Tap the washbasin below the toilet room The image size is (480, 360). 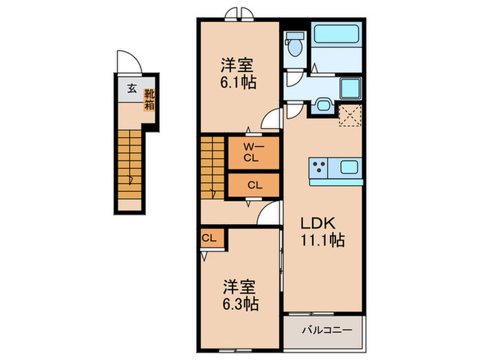point(324,106)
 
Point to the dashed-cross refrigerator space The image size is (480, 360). point(350,117)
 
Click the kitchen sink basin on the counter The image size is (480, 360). point(348,167)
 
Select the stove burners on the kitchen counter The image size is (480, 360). point(320,167)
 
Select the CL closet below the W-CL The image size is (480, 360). point(254,184)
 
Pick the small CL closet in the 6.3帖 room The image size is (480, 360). point(210,238)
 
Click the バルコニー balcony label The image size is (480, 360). point(327,331)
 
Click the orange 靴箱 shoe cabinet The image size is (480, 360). point(149,101)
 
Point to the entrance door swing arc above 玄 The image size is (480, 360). point(128,62)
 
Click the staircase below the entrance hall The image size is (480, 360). point(130,165)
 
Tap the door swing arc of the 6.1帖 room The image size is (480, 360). point(272,119)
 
